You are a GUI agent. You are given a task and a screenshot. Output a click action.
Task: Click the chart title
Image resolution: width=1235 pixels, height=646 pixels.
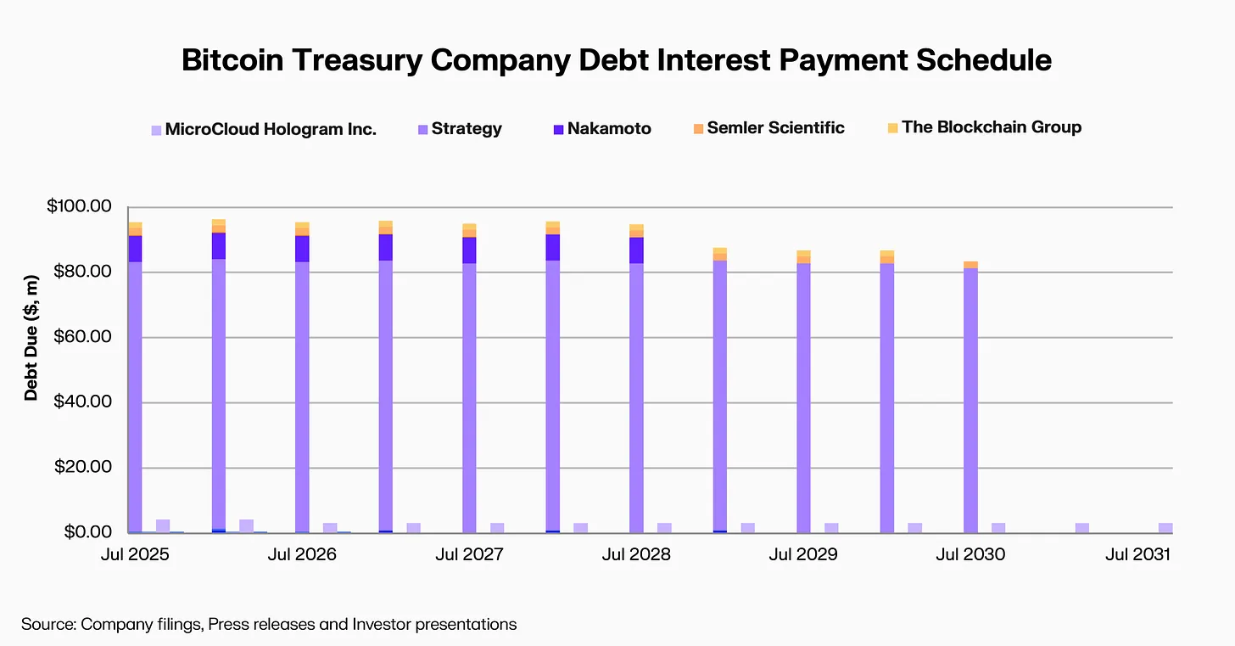617,60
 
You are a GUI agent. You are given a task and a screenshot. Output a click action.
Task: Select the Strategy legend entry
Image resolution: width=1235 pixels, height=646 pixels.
466,129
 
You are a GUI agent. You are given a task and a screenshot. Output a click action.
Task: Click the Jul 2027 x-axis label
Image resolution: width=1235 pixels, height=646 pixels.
469,555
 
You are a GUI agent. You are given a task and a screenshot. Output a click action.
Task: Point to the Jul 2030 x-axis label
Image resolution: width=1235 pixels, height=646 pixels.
970,555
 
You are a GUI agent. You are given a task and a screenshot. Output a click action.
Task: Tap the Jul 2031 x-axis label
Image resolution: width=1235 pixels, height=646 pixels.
1137,555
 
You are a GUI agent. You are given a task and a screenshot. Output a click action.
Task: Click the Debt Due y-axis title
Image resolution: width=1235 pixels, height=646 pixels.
31,337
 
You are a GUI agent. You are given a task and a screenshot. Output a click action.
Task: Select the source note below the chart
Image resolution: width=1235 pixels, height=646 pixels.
269,625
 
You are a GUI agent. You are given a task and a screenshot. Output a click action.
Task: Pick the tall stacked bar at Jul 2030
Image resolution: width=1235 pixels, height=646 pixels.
970,399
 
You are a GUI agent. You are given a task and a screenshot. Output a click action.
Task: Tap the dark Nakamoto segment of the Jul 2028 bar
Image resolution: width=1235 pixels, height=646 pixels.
636,250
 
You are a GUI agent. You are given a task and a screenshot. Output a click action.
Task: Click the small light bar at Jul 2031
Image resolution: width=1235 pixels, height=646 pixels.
1165,527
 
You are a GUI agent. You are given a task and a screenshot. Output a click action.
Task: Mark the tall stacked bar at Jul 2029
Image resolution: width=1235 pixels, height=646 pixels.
803,399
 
